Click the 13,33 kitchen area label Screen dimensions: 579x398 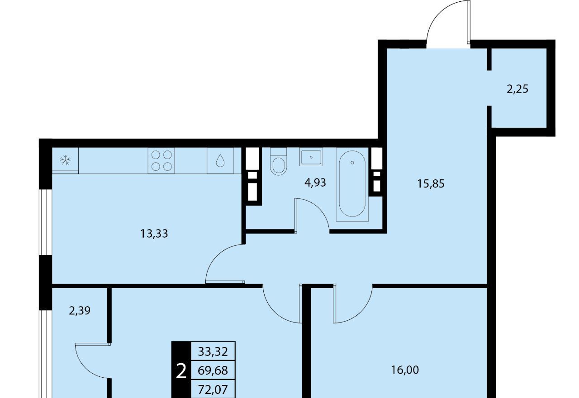click(x=154, y=234)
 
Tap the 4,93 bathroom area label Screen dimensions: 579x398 click(x=315, y=183)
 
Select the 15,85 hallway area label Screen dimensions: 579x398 click(x=431, y=184)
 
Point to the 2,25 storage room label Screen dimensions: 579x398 click(x=517, y=89)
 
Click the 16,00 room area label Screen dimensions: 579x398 click(x=405, y=370)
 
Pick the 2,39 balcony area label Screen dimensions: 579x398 click(x=80, y=311)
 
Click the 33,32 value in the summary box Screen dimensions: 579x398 click(x=213, y=351)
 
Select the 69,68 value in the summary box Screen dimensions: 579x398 click(x=213, y=370)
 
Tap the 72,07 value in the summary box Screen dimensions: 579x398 click(x=213, y=389)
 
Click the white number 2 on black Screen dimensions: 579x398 click(x=181, y=371)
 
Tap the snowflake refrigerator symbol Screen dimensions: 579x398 click(x=65, y=160)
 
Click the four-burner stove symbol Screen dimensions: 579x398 click(x=161, y=160)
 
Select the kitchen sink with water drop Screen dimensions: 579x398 click(x=220, y=160)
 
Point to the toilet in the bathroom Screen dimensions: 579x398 click(x=278, y=161)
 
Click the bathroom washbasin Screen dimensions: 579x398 click(x=311, y=157)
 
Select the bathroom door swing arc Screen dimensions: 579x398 click(x=320, y=209)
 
